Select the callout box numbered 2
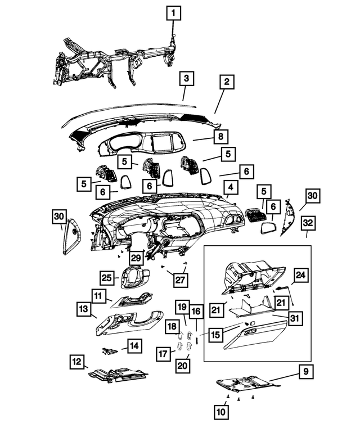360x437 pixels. point(226,82)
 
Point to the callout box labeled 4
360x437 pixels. point(231,187)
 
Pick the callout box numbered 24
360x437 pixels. point(301,275)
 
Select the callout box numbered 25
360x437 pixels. point(107,277)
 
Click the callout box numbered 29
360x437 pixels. point(136,258)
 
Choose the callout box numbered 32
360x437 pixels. point(308,223)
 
